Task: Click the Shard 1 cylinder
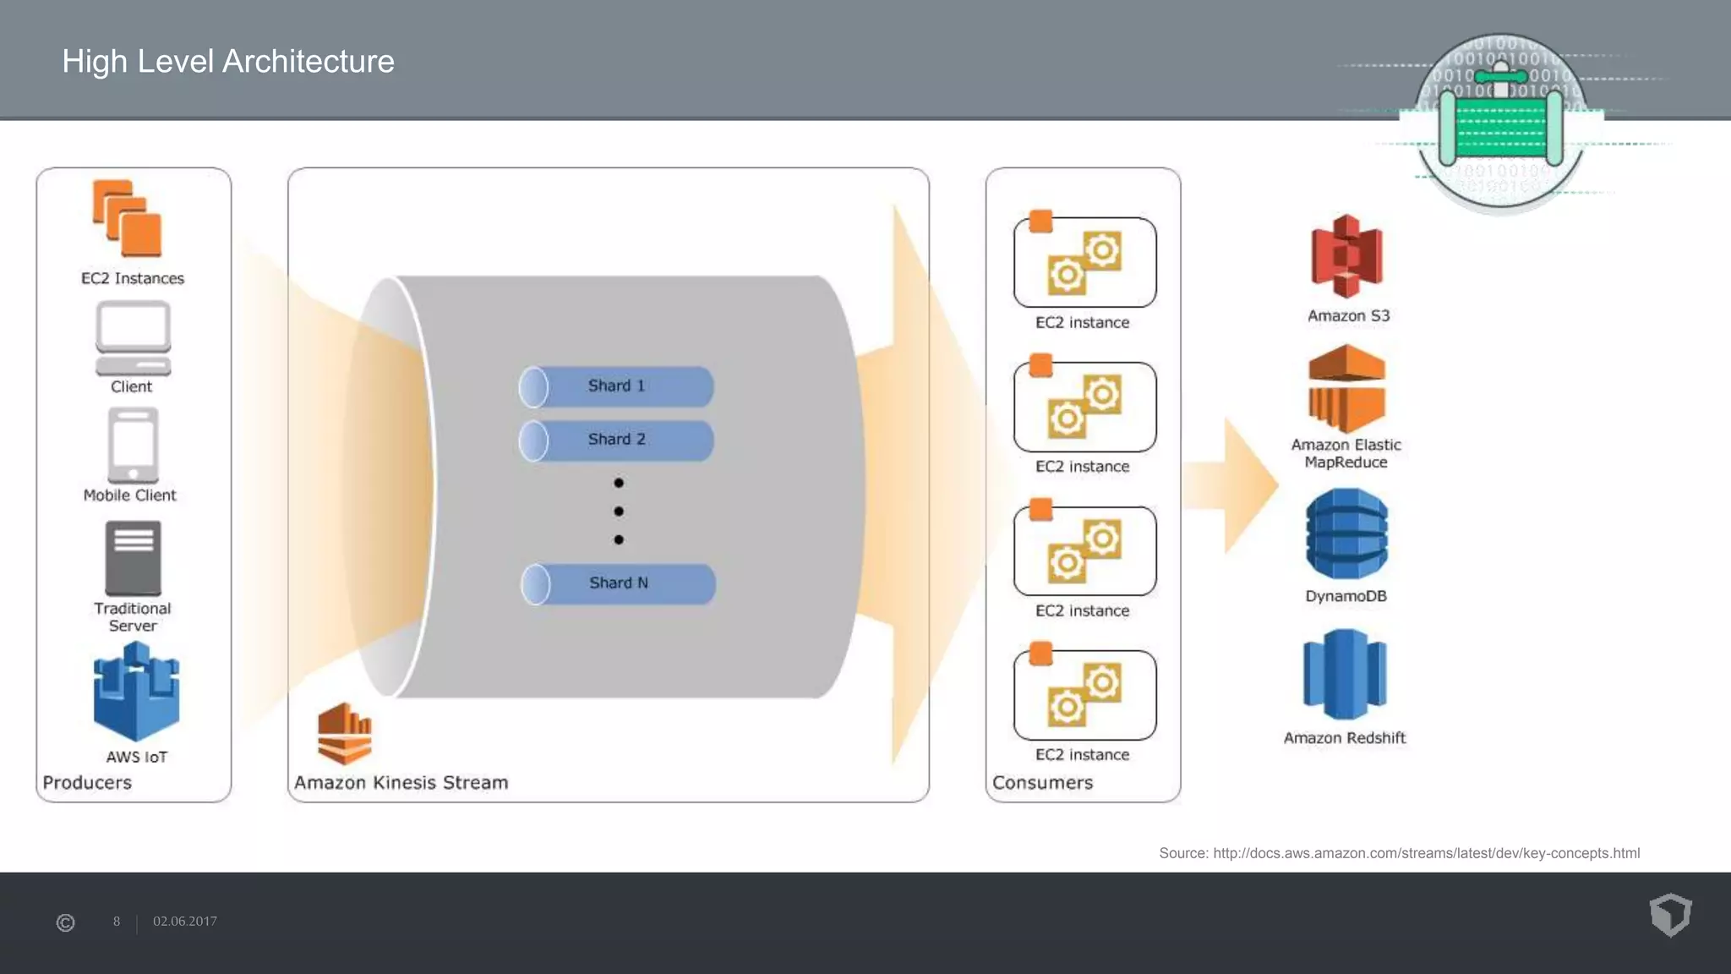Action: pyautogui.click(x=616, y=386)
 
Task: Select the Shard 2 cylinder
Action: pyautogui.click(x=616, y=440)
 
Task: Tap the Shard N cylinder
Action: pyautogui.click(x=618, y=583)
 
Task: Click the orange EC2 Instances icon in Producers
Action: pyautogui.click(x=128, y=218)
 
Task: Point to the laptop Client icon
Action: pyautogui.click(x=133, y=338)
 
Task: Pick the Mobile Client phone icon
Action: pyautogui.click(x=133, y=445)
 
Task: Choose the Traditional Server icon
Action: pyautogui.click(x=133, y=558)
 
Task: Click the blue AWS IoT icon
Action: pyautogui.click(x=136, y=692)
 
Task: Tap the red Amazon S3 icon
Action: pyautogui.click(x=1346, y=256)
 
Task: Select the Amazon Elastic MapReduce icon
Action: pyautogui.click(x=1346, y=389)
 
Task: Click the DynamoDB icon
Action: pyautogui.click(x=1346, y=534)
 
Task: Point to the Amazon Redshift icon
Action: pyautogui.click(x=1345, y=674)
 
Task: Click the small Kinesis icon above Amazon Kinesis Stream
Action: pyautogui.click(x=344, y=733)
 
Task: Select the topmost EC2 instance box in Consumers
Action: pyautogui.click(x=1084, y=262)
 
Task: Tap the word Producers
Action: pyautogui.click(x=87, y=783)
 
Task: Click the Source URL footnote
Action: pyautogui.click(x=1399, y=853)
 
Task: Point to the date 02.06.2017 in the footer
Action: pyautogui.click(x=185, y=922)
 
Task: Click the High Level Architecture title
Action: pyautogui.click(x=228, y=62)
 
